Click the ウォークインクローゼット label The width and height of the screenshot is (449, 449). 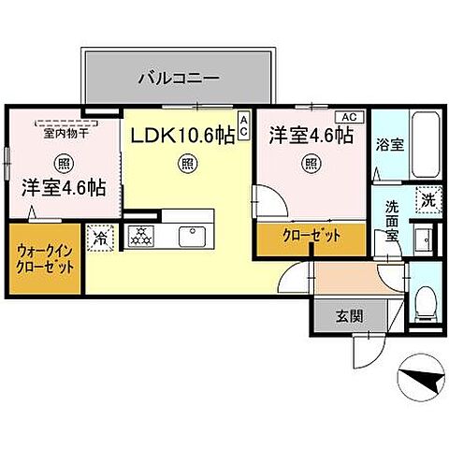tap(45, 258)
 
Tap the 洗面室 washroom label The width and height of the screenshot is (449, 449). tap(394, 222)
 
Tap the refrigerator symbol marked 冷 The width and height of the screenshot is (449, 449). tap(99, 238)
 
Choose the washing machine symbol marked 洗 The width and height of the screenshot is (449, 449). tap(427, 198)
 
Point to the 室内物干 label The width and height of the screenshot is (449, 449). tap(62, 133)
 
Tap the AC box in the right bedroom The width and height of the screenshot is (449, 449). tap(347, 117)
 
